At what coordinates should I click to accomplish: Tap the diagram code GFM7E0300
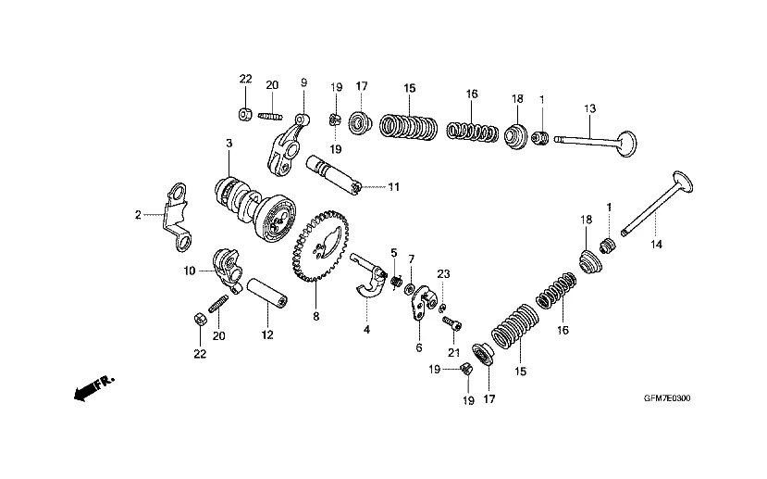point(667,398)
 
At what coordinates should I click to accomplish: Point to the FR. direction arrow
point(93,387)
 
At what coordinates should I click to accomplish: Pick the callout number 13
point(590,108)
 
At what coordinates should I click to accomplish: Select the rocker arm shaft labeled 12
point(267,293)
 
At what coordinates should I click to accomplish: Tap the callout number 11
point(394,186)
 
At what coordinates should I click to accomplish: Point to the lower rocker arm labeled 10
point(227,271)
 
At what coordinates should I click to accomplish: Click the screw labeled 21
point(452,322)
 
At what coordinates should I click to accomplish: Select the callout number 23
point(443,274)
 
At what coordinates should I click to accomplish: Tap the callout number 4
point(367,330)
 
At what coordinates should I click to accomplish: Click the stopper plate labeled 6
point(421,304)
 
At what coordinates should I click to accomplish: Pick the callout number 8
point(316,316)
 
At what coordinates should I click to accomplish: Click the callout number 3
point(229,143)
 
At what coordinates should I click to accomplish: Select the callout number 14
point(656,244)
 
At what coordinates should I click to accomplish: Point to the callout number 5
point(394,253)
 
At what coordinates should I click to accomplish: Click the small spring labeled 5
point(395,282)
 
